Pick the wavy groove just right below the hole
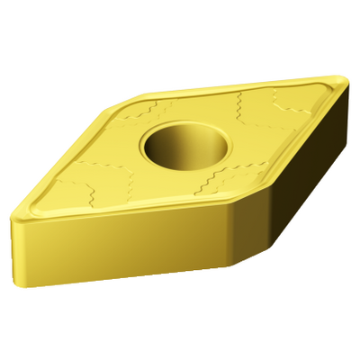click(216, 175)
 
